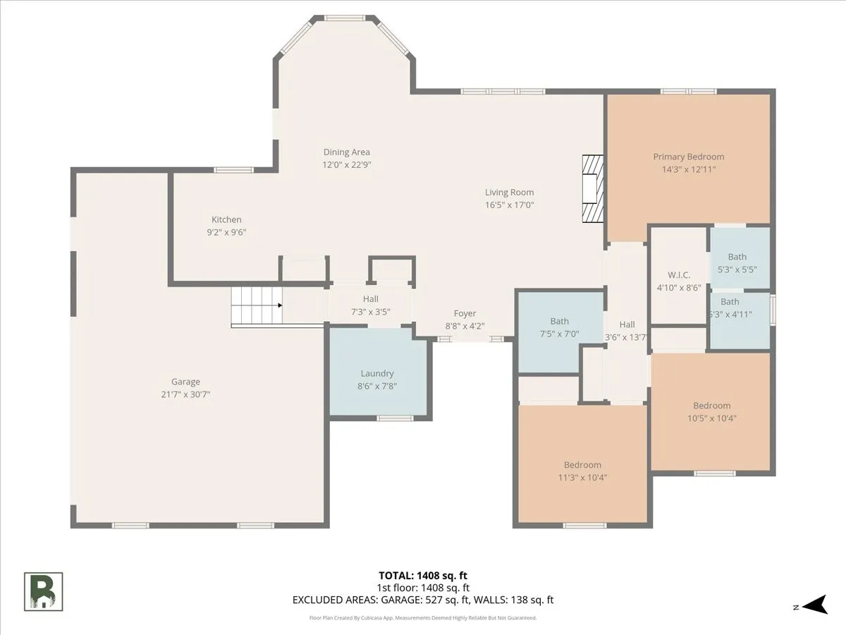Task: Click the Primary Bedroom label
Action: click(x=688, y=157)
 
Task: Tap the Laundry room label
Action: click(x=377, y=373)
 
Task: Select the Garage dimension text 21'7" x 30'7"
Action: click(x=185, y=394)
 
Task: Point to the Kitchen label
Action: click(x=226, y=219)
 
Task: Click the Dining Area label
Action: click(x=346, y=152)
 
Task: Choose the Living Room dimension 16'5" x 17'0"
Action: click(x=509, y=205)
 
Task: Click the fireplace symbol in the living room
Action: click(x=592, y=189)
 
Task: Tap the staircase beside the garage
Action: click(x=257, y=306)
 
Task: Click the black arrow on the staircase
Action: click(x=280, y=306)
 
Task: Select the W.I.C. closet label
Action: click(x=679, y=275)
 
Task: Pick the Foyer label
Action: click(x=465, y=313)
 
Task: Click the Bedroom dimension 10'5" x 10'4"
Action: click(x=711, y=418)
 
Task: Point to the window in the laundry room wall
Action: click(x=395, y=418)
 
